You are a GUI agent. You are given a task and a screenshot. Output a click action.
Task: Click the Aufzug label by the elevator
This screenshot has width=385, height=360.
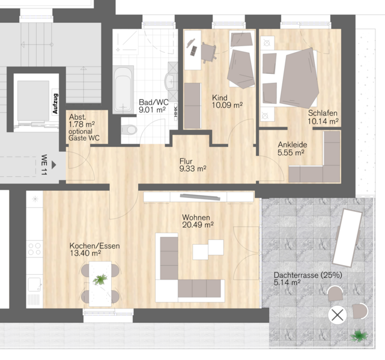coord(55,103)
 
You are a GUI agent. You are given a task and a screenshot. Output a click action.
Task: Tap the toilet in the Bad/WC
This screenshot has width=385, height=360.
coord(129,130)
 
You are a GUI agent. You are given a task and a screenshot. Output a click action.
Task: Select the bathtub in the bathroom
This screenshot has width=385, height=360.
coord(123,89)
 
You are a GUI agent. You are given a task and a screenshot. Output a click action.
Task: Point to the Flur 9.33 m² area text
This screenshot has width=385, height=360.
coord(193,165)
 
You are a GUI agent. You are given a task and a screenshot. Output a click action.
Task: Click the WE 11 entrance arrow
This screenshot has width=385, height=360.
coord(54,165)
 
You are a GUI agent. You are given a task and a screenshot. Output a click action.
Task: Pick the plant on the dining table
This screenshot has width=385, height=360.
coord(100,280)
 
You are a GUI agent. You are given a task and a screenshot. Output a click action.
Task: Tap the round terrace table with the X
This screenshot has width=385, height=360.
coord(338,315)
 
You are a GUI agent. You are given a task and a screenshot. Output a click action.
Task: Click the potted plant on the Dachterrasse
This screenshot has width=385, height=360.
coord(359,336)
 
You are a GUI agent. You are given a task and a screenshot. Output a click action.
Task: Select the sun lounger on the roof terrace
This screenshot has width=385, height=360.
coord(347,238)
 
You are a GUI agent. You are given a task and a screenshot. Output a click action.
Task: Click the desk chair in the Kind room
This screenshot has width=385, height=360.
coord(208,52)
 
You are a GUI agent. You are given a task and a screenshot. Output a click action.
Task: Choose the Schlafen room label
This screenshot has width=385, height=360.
coord(323,113)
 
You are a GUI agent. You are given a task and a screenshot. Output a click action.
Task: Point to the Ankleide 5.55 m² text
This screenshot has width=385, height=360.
coord(292,148)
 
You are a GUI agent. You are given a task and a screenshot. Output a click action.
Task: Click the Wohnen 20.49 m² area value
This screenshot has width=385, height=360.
coord(198,224)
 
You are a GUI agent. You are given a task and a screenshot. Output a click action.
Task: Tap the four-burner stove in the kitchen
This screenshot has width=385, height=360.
coord(35,248)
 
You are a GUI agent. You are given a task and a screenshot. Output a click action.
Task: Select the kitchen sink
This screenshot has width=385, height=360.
coord(34,284)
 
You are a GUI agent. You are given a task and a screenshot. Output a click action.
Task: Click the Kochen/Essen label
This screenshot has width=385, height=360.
coord(94,246)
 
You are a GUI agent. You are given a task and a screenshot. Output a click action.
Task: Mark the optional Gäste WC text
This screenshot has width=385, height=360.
coord(84,135)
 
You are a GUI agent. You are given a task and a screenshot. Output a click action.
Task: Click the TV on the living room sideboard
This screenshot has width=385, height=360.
coord(199,196)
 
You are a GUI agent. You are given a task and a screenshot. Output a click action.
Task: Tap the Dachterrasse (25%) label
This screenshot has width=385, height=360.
coord(308,275)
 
